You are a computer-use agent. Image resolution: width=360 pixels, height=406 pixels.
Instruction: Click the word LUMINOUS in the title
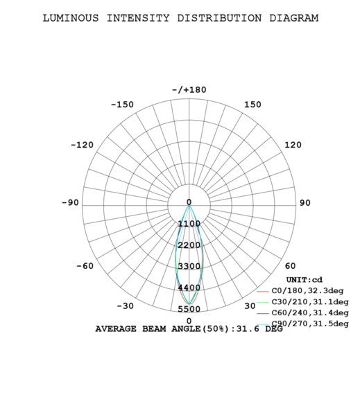(71, 18)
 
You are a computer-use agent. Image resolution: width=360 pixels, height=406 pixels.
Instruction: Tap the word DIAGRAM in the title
(294, 18)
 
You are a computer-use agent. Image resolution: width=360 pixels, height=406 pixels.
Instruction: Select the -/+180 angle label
(189, 90)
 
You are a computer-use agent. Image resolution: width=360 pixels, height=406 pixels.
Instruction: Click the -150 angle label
(122, 105)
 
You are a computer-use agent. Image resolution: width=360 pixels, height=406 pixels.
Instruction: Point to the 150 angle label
(252, 105)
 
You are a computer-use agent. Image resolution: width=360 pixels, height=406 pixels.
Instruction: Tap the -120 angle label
(82, 145)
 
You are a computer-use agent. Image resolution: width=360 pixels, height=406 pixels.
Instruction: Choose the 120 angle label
(293, 145)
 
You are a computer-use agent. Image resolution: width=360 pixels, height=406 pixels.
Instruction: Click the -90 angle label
(70, 202)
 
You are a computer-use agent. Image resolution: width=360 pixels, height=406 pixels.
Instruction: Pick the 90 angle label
(305, 203)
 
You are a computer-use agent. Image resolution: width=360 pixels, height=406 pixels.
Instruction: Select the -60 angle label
(85, 265)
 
